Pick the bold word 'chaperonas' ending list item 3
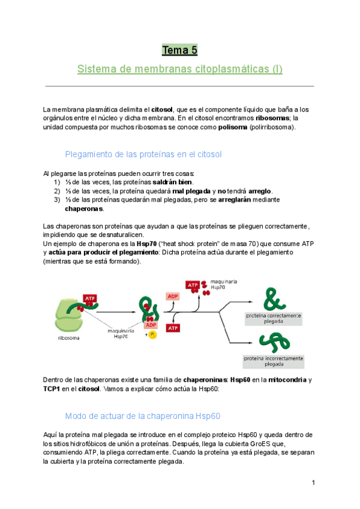pyautogui.click(x=84, y=209)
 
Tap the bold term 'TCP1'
pyautogui.click(x=53, y=388)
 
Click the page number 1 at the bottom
pyautogui.click(x=313, y=483)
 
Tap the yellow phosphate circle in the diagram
pyautogui.click(x=153, y=335)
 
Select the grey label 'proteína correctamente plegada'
pyautogui.click(x=274, y=318)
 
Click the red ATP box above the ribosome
pyautogui.click(x=90, y=298)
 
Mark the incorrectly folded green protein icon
pyautogui.click(x=273, y=342)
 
